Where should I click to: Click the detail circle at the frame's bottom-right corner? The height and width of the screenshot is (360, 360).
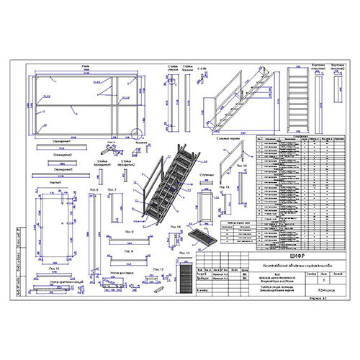click(x=136, y=131)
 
